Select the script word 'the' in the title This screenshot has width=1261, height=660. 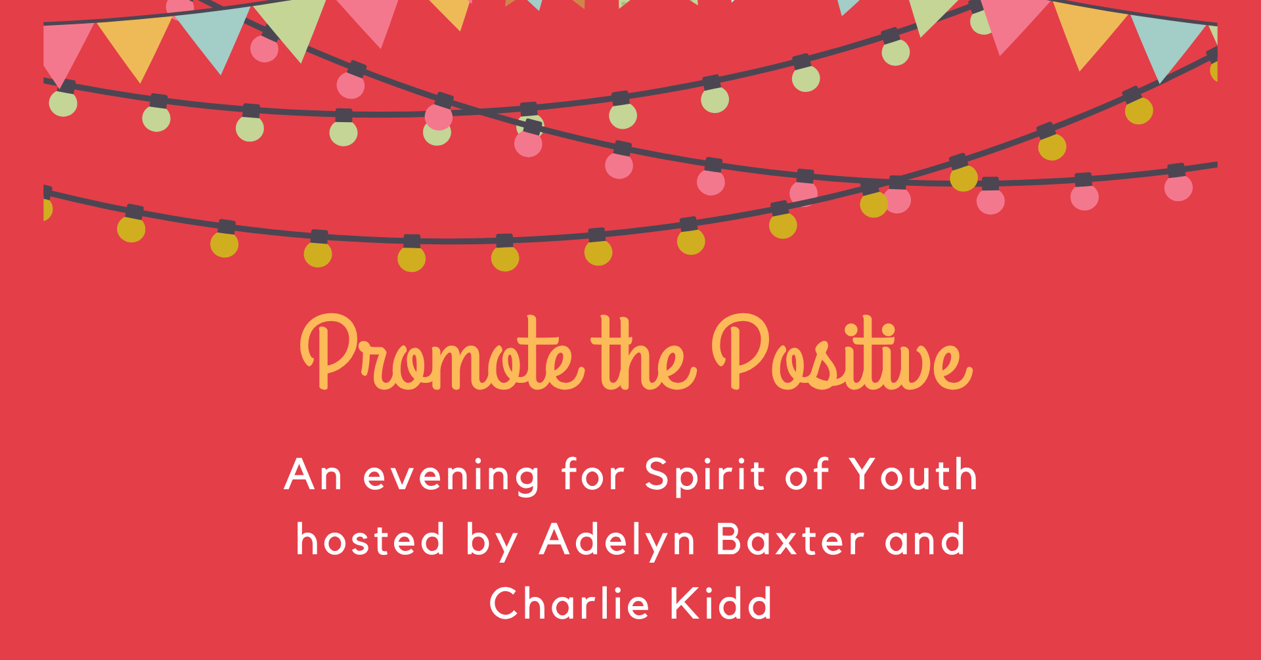643,355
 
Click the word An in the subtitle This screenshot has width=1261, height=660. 313,475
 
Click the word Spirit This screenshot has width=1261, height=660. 704,476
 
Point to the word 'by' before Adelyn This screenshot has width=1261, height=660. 492,542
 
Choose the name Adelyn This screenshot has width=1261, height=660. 617,542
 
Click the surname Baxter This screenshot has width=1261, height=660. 790,539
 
